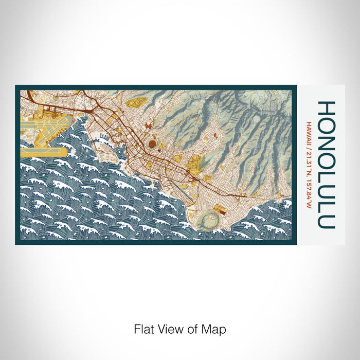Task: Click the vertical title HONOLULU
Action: pyautogui.click(x=327, y=165)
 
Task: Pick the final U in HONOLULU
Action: pyautogui.click(x=327, y=221)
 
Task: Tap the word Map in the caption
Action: pyautogui.click(x=216, y=329)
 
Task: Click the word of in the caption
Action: pyautogui.click(x=194, y=329)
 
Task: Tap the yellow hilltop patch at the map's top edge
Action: pyautogui.click(x=135, y=103)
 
